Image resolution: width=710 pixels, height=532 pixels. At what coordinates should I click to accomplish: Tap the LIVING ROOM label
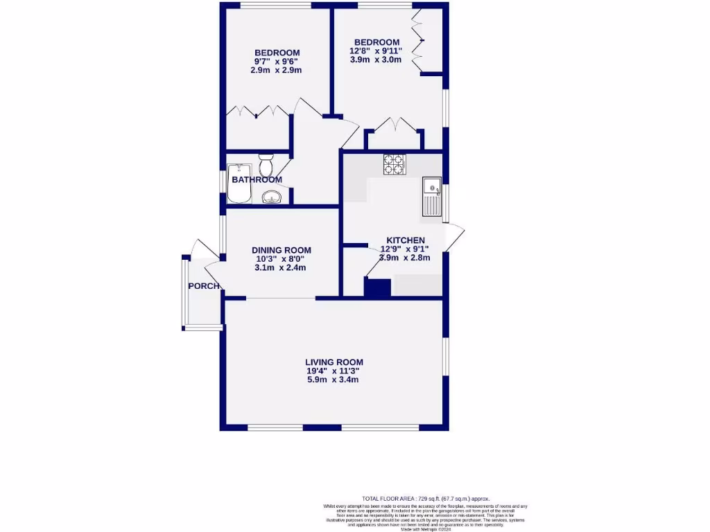334,362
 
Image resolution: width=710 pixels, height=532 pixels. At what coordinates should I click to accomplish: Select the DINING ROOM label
281,250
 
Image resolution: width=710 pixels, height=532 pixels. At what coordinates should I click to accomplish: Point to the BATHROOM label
257,180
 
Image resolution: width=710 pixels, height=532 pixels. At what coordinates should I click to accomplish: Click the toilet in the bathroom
266,166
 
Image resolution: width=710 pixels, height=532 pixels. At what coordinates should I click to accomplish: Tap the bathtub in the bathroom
238,183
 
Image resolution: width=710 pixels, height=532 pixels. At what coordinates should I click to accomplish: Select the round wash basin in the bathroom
272,197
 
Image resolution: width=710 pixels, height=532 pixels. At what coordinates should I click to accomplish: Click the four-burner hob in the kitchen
394,164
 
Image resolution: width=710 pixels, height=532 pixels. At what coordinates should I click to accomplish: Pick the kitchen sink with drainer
433,197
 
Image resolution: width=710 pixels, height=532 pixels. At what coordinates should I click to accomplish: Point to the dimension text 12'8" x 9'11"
376,51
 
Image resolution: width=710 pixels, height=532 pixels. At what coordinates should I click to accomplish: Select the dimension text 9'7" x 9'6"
277,62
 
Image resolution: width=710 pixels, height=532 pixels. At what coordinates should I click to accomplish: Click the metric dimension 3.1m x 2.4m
281,267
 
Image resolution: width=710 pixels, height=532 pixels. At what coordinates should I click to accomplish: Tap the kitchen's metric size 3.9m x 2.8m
405,257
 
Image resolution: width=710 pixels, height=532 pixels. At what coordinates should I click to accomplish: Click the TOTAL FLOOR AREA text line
426,498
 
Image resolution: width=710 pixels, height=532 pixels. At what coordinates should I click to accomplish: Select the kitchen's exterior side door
454,239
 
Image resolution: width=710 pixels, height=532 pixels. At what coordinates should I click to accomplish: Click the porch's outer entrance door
200,249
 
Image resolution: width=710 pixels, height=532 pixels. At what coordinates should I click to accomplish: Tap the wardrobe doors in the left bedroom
257,113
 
